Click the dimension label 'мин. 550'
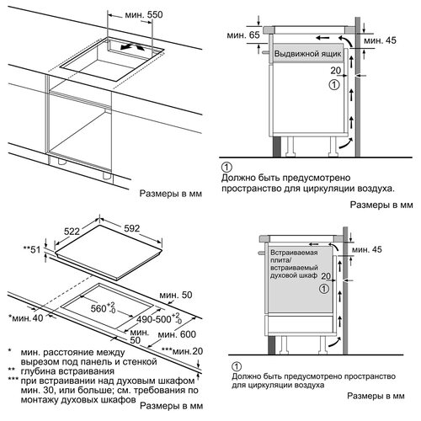coord(144,14)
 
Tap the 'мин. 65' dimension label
coord(243,35)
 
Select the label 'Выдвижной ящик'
coord(307,54)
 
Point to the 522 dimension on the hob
coord(72,232)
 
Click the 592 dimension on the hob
coord(131,228)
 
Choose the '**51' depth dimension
coord(32,249)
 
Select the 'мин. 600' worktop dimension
coord(177,334)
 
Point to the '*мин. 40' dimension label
coord(26,318)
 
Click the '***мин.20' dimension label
coord(182,351)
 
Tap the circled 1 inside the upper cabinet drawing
coord(334,85)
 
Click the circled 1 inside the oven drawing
coord(324,289)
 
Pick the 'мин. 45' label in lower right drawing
coord(367,249)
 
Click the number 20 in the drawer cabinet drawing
coord(335,71)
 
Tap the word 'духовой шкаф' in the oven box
coord(294,275)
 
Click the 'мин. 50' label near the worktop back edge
coord(176,295)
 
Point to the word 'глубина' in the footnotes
coord(38,371)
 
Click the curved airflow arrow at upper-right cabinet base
coord(345,143)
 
